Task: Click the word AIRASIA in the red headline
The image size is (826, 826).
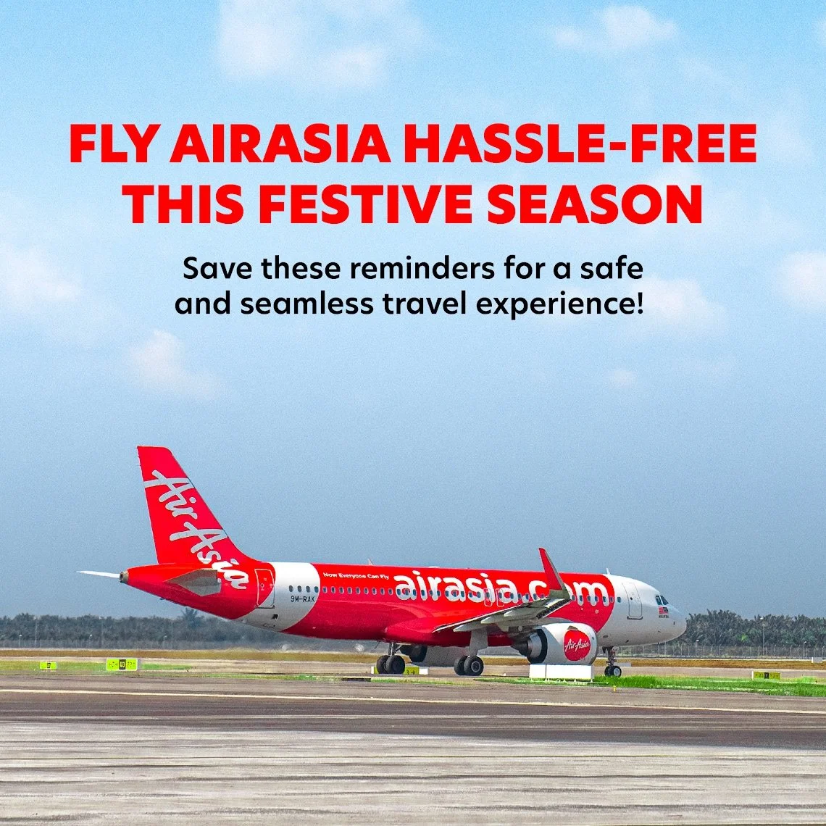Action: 280,144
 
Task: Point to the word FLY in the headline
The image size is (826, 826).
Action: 114,144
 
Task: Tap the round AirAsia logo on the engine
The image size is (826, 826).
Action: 576,645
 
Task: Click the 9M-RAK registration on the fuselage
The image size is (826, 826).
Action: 302,598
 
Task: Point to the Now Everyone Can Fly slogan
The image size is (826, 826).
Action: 355,576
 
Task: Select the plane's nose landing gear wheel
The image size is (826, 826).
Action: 612,670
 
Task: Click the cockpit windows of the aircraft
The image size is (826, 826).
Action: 662,601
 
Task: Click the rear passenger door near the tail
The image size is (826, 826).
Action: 264,588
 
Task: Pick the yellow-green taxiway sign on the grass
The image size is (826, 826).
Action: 121,664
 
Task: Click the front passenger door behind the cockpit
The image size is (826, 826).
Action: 634,601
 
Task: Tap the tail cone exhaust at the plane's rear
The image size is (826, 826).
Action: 124,577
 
